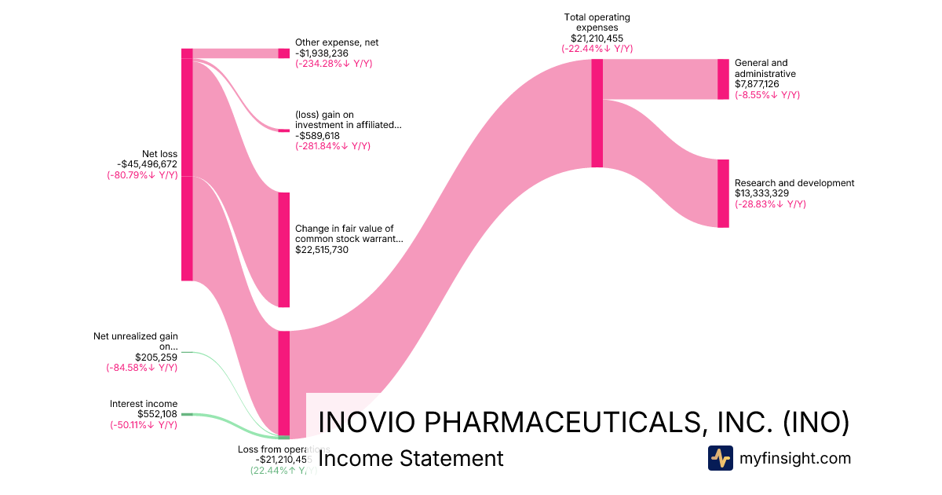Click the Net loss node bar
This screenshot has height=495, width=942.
pyautogui.click(x=187, y=164)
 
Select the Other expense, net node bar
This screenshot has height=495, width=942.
pyautogui.click(x=283, y=53)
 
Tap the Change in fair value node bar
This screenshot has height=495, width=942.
pyautogui.click(x=283, y=250)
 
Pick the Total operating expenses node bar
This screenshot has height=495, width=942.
pyautogui.click(x=597, y=113)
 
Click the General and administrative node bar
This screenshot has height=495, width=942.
pyautogui.click(x=723, y=79)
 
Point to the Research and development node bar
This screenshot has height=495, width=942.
pyautogui.click(x=723, y=193)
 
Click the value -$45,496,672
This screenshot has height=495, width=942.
pyautogui.click(x=147, y=164)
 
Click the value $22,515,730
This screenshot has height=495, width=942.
pyautogui.click(x=322, y=250)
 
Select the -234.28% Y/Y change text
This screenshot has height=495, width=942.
pyautogui.click(x=334, y=64)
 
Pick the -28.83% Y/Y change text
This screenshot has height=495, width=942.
pyautogui.click(x=770, y=204)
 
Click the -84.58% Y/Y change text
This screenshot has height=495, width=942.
pyautogui.click(x=142, y=368)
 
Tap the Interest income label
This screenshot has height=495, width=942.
pyautogui.click(x=144, y=404)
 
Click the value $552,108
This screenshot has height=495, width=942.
pyautogui.click(x=157, y=414)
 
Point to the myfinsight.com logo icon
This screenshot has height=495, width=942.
pyautogui.click(x=720, y=458)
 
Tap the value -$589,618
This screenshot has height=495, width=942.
pyautogui.click(x=317, y=135)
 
